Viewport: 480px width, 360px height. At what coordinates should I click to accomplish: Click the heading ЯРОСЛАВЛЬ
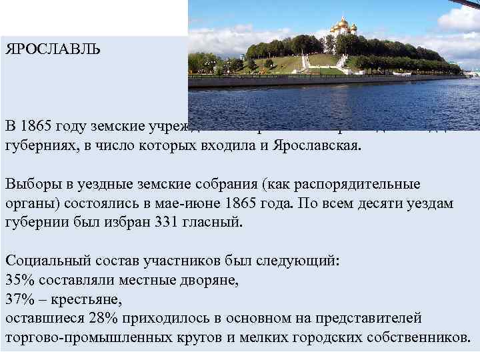coord(53,49)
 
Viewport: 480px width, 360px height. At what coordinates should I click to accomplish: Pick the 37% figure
coord(19,299)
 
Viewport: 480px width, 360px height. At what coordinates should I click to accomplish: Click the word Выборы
coord(29,184)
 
